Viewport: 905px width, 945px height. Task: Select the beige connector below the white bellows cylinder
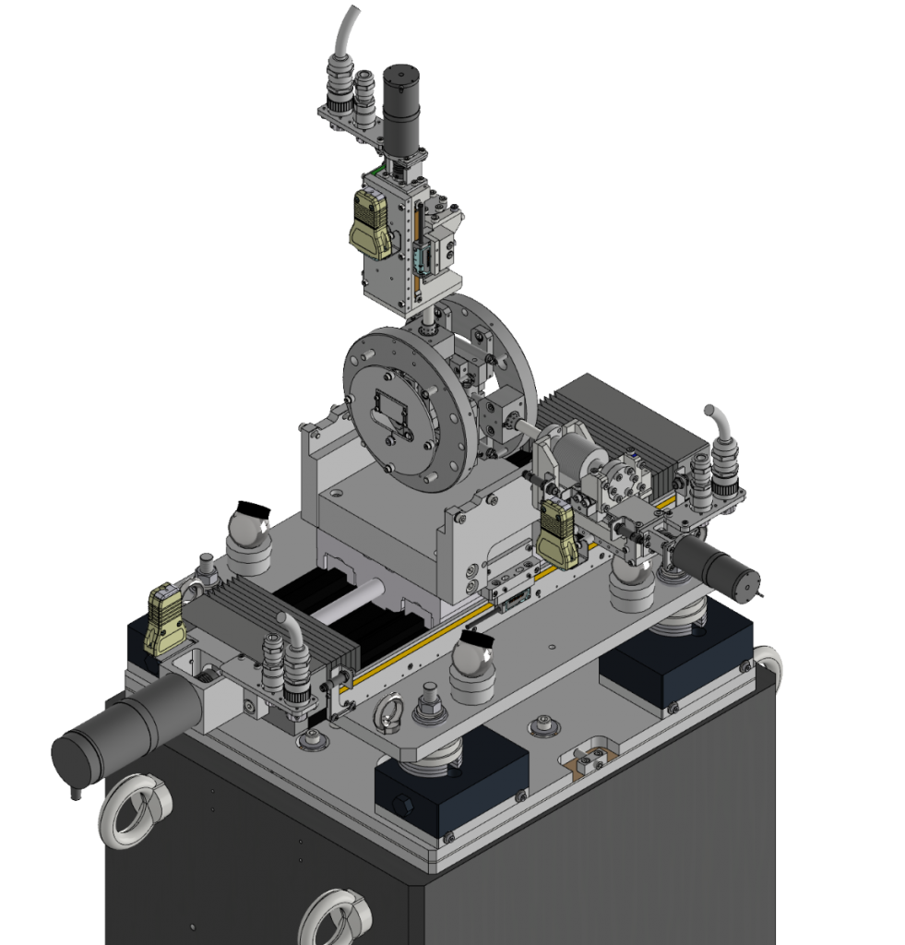(559, 534)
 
